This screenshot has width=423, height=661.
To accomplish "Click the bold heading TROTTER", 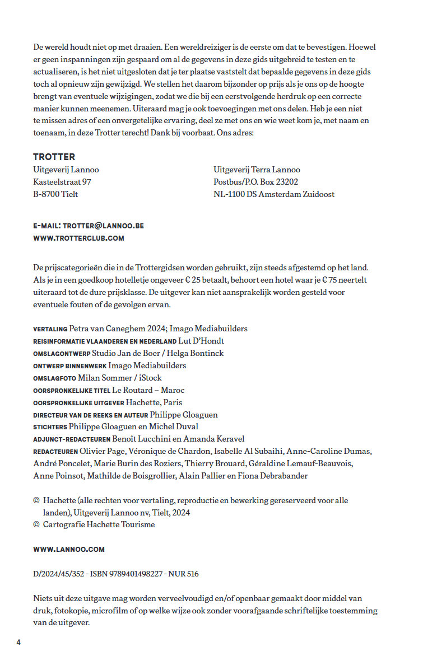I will pyautogui.click(x=54, y=157).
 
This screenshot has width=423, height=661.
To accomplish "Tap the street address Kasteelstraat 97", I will pyautogui.click(x=62, y=182).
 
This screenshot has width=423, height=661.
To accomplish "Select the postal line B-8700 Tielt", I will pyautogui.click(x=55, y=194).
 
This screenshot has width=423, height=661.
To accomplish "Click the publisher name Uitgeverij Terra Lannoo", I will pyautogui.click(x=257, y=170).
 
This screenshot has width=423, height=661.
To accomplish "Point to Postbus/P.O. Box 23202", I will pyautogui.click(x=255, y=182).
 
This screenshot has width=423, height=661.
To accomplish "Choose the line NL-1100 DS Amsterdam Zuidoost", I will pyautogui.click(x=274, y=194).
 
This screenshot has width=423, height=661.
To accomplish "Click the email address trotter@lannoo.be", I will pyautogui.click(x=103, y=226).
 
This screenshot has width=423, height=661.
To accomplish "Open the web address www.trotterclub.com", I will pyautogui.click(x=78, y=238).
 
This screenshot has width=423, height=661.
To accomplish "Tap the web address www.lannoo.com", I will pyautogui.click(x=69, y=549).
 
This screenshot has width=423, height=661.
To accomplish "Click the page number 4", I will pyautogui.click(x=18, y=642).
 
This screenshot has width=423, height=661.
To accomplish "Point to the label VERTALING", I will pyautogui.click(x=50, y=329).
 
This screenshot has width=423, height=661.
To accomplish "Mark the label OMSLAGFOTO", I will pyautogui.click(x=54, y=378).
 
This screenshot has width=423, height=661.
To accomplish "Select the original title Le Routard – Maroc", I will pyautogui.click(x=148, y=390).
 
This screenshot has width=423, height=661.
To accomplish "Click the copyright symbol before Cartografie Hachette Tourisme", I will pyautogui.click(x=36, y=524).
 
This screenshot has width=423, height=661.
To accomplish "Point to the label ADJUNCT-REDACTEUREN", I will pyautogui.click(x=72, y=439).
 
